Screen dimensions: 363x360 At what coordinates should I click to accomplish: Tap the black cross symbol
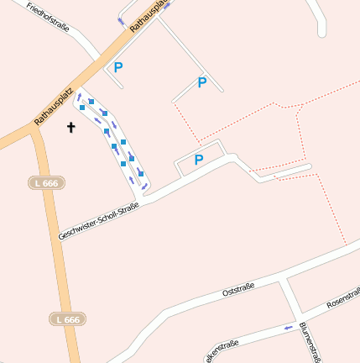point(70,128)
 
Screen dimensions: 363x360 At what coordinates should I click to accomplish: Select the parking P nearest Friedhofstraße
point(118,66)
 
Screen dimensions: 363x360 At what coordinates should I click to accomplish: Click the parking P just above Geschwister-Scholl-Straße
point(199,160)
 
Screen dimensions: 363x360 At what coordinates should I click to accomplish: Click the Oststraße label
point(237,291)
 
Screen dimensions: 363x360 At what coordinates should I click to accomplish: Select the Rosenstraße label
point(342,296)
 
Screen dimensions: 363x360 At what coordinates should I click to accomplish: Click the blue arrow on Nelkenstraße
point(288,327)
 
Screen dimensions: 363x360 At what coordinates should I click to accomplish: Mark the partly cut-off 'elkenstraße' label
point(222,347)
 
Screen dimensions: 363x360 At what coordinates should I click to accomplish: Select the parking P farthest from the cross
point(201,82)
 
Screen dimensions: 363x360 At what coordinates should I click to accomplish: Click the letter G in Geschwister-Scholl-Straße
point(61,239)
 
